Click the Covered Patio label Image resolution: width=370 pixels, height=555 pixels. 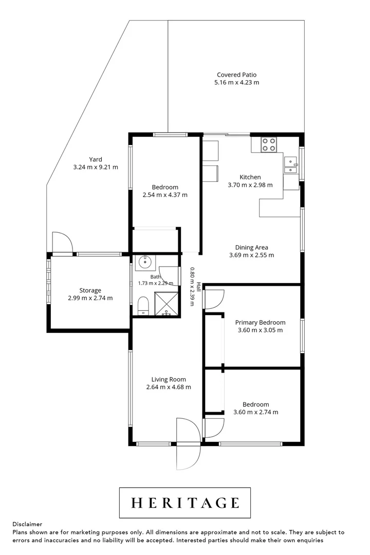pos(236,75)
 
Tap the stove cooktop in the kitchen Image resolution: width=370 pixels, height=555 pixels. pos(269,145)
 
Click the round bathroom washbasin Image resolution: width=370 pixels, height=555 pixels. pos(144,262)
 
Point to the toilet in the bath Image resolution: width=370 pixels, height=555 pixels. pos(143,305)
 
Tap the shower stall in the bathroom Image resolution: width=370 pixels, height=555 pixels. pos(166,303)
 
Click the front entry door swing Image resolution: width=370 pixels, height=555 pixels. pos(189,444)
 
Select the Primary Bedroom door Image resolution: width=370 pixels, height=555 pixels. pos(214,299)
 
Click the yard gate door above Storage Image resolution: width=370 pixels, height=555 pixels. pos(62,243)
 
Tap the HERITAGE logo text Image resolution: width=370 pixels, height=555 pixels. pos(185,503)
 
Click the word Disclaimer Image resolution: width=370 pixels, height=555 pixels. pos(27,524)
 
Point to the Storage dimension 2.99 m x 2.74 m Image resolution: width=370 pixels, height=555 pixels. pos(90,298)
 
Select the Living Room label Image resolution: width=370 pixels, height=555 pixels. pos(169,379)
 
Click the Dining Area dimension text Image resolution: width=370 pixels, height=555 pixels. pos(251,255)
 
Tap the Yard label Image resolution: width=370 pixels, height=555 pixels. pos(96,159)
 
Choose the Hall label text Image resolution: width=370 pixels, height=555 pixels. pos(199,287)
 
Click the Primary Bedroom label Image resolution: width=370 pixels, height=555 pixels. pos(260,322)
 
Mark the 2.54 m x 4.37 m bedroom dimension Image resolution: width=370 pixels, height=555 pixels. pos(165,195)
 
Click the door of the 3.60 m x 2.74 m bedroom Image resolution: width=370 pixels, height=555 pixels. pos(214,428)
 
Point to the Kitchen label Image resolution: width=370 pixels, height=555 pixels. pos(250,177)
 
